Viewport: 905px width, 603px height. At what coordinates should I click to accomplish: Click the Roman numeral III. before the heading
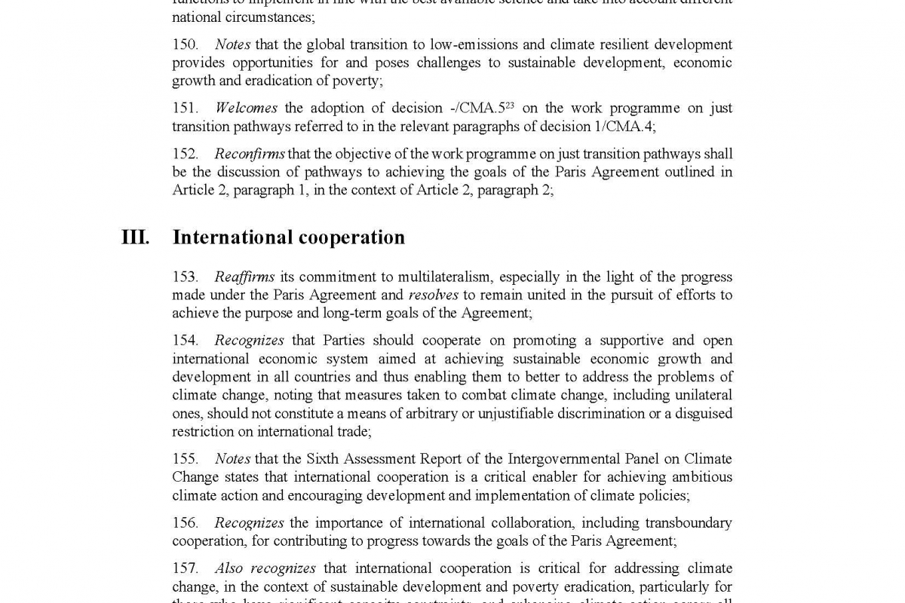tap(135, 237)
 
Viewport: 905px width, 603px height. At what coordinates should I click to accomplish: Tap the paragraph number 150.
tap(185, 45)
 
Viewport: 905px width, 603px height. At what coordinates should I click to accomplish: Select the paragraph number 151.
tap(185, 109)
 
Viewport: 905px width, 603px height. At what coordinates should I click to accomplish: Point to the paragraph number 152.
tap(185, 154)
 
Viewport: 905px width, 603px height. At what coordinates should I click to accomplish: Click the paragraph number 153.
tap(185, 277)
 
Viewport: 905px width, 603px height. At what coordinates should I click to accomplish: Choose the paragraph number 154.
tap(185, 341)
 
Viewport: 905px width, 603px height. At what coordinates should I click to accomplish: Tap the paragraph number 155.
tap(185, 459)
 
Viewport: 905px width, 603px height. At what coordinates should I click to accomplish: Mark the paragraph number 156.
tap(185, 522)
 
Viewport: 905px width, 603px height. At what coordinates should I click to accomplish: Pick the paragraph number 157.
tap(185, 568)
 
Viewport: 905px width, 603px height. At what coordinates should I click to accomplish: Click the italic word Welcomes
tap(246, 109)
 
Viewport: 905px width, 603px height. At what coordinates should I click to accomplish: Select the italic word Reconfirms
tap(250, 154)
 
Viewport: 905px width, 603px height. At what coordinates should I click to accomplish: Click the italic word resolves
tap(433, 295)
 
